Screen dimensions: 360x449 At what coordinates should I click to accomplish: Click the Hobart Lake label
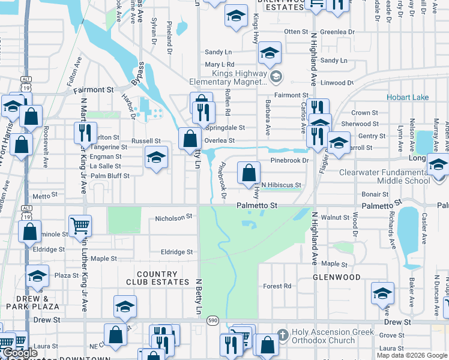tap(408, 97)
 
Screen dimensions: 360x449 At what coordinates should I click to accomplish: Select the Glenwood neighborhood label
tap(336, 277)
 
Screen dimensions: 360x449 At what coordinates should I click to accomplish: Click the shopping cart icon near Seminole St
tap(80, 226)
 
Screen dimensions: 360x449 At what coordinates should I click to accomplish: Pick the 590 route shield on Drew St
tap(213, 322)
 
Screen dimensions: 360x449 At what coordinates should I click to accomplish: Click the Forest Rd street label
tap(277, 286)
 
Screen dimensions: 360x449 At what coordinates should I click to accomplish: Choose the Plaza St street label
tap(63, 275)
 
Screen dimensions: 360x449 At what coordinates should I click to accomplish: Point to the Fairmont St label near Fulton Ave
tap(94, 89)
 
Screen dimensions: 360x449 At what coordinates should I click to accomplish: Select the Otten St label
tap(296, 31)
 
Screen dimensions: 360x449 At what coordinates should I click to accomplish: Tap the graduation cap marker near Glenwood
tap(382, 293)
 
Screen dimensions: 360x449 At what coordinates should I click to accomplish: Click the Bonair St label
tap(376, 194)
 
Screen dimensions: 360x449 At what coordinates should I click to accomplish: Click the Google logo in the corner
tap(20, 353)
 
